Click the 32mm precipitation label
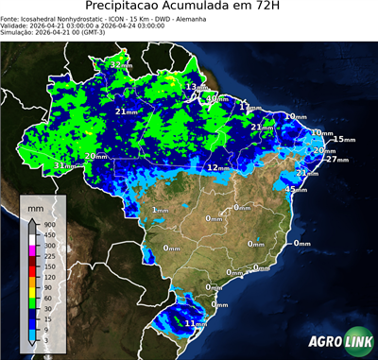[120, 64]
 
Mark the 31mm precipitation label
[64, 165]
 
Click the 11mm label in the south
[195, 324]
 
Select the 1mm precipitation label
[160, 210]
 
